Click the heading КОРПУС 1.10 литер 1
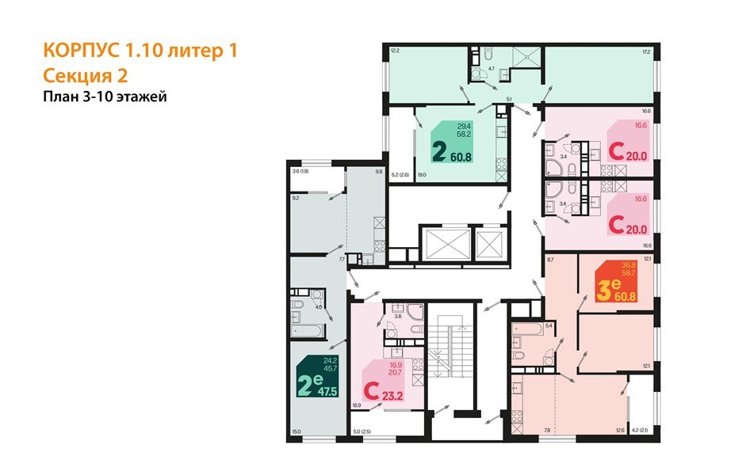tap(139, 51)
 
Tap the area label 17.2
tap(646, 52)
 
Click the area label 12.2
tap(394, 52)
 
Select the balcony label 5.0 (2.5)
tap(362, 431)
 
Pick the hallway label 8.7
tap(550, 259)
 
